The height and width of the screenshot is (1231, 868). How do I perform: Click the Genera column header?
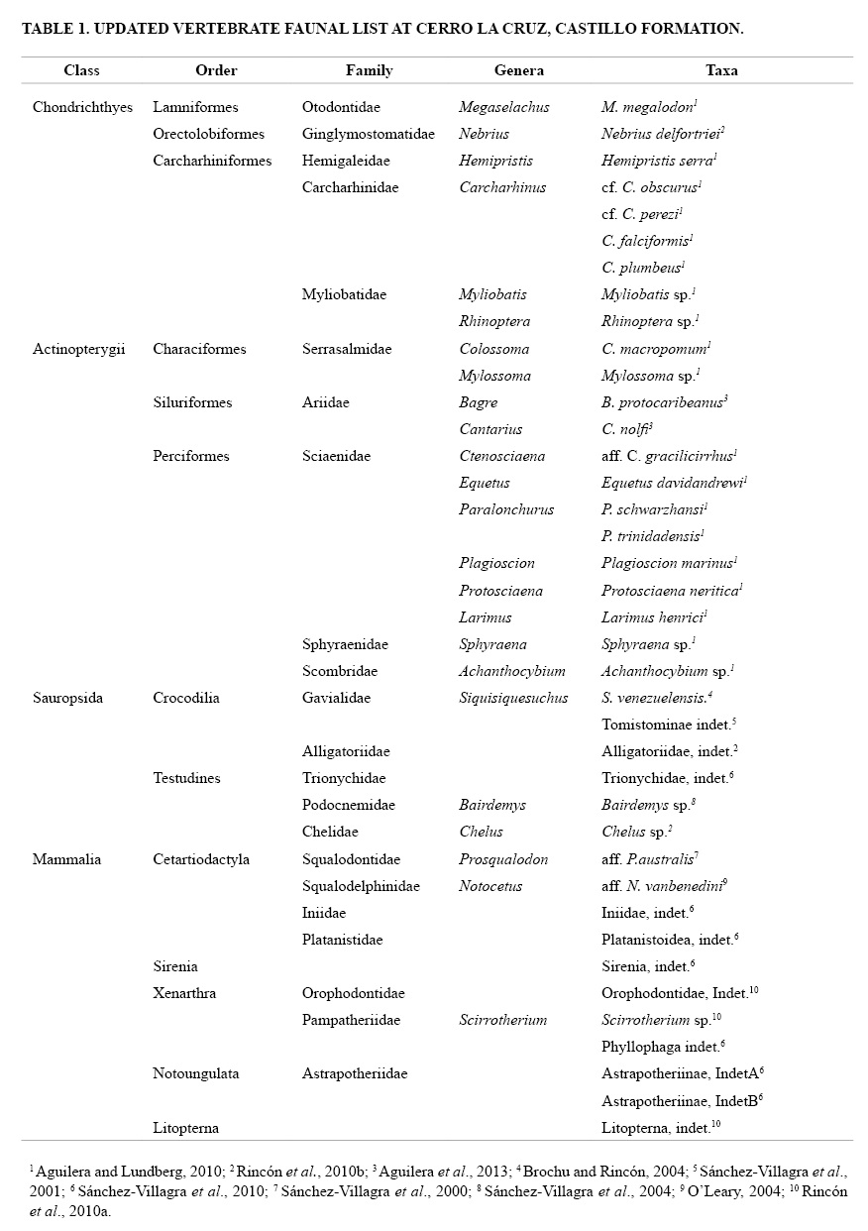518,70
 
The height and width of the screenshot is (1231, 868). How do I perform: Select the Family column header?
369,70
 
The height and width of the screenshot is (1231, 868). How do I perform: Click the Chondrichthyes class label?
82,107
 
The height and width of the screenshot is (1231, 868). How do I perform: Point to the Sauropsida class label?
67,698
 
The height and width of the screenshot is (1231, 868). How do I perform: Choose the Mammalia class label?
66,859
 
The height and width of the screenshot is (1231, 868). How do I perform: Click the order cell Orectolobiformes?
208,134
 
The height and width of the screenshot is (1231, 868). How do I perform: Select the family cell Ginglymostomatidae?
368,134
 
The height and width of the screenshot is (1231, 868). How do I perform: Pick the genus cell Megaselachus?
503,107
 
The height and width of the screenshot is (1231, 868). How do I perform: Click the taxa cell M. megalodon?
648,107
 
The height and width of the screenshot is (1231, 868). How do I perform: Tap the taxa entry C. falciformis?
645,241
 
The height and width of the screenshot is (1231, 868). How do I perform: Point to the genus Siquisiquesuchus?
513,698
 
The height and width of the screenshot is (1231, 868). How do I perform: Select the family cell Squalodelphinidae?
361,886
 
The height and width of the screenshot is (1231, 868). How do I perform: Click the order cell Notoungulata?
195,1073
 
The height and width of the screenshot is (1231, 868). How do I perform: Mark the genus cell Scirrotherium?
502,1020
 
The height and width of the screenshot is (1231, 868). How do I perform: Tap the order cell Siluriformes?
192,402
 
